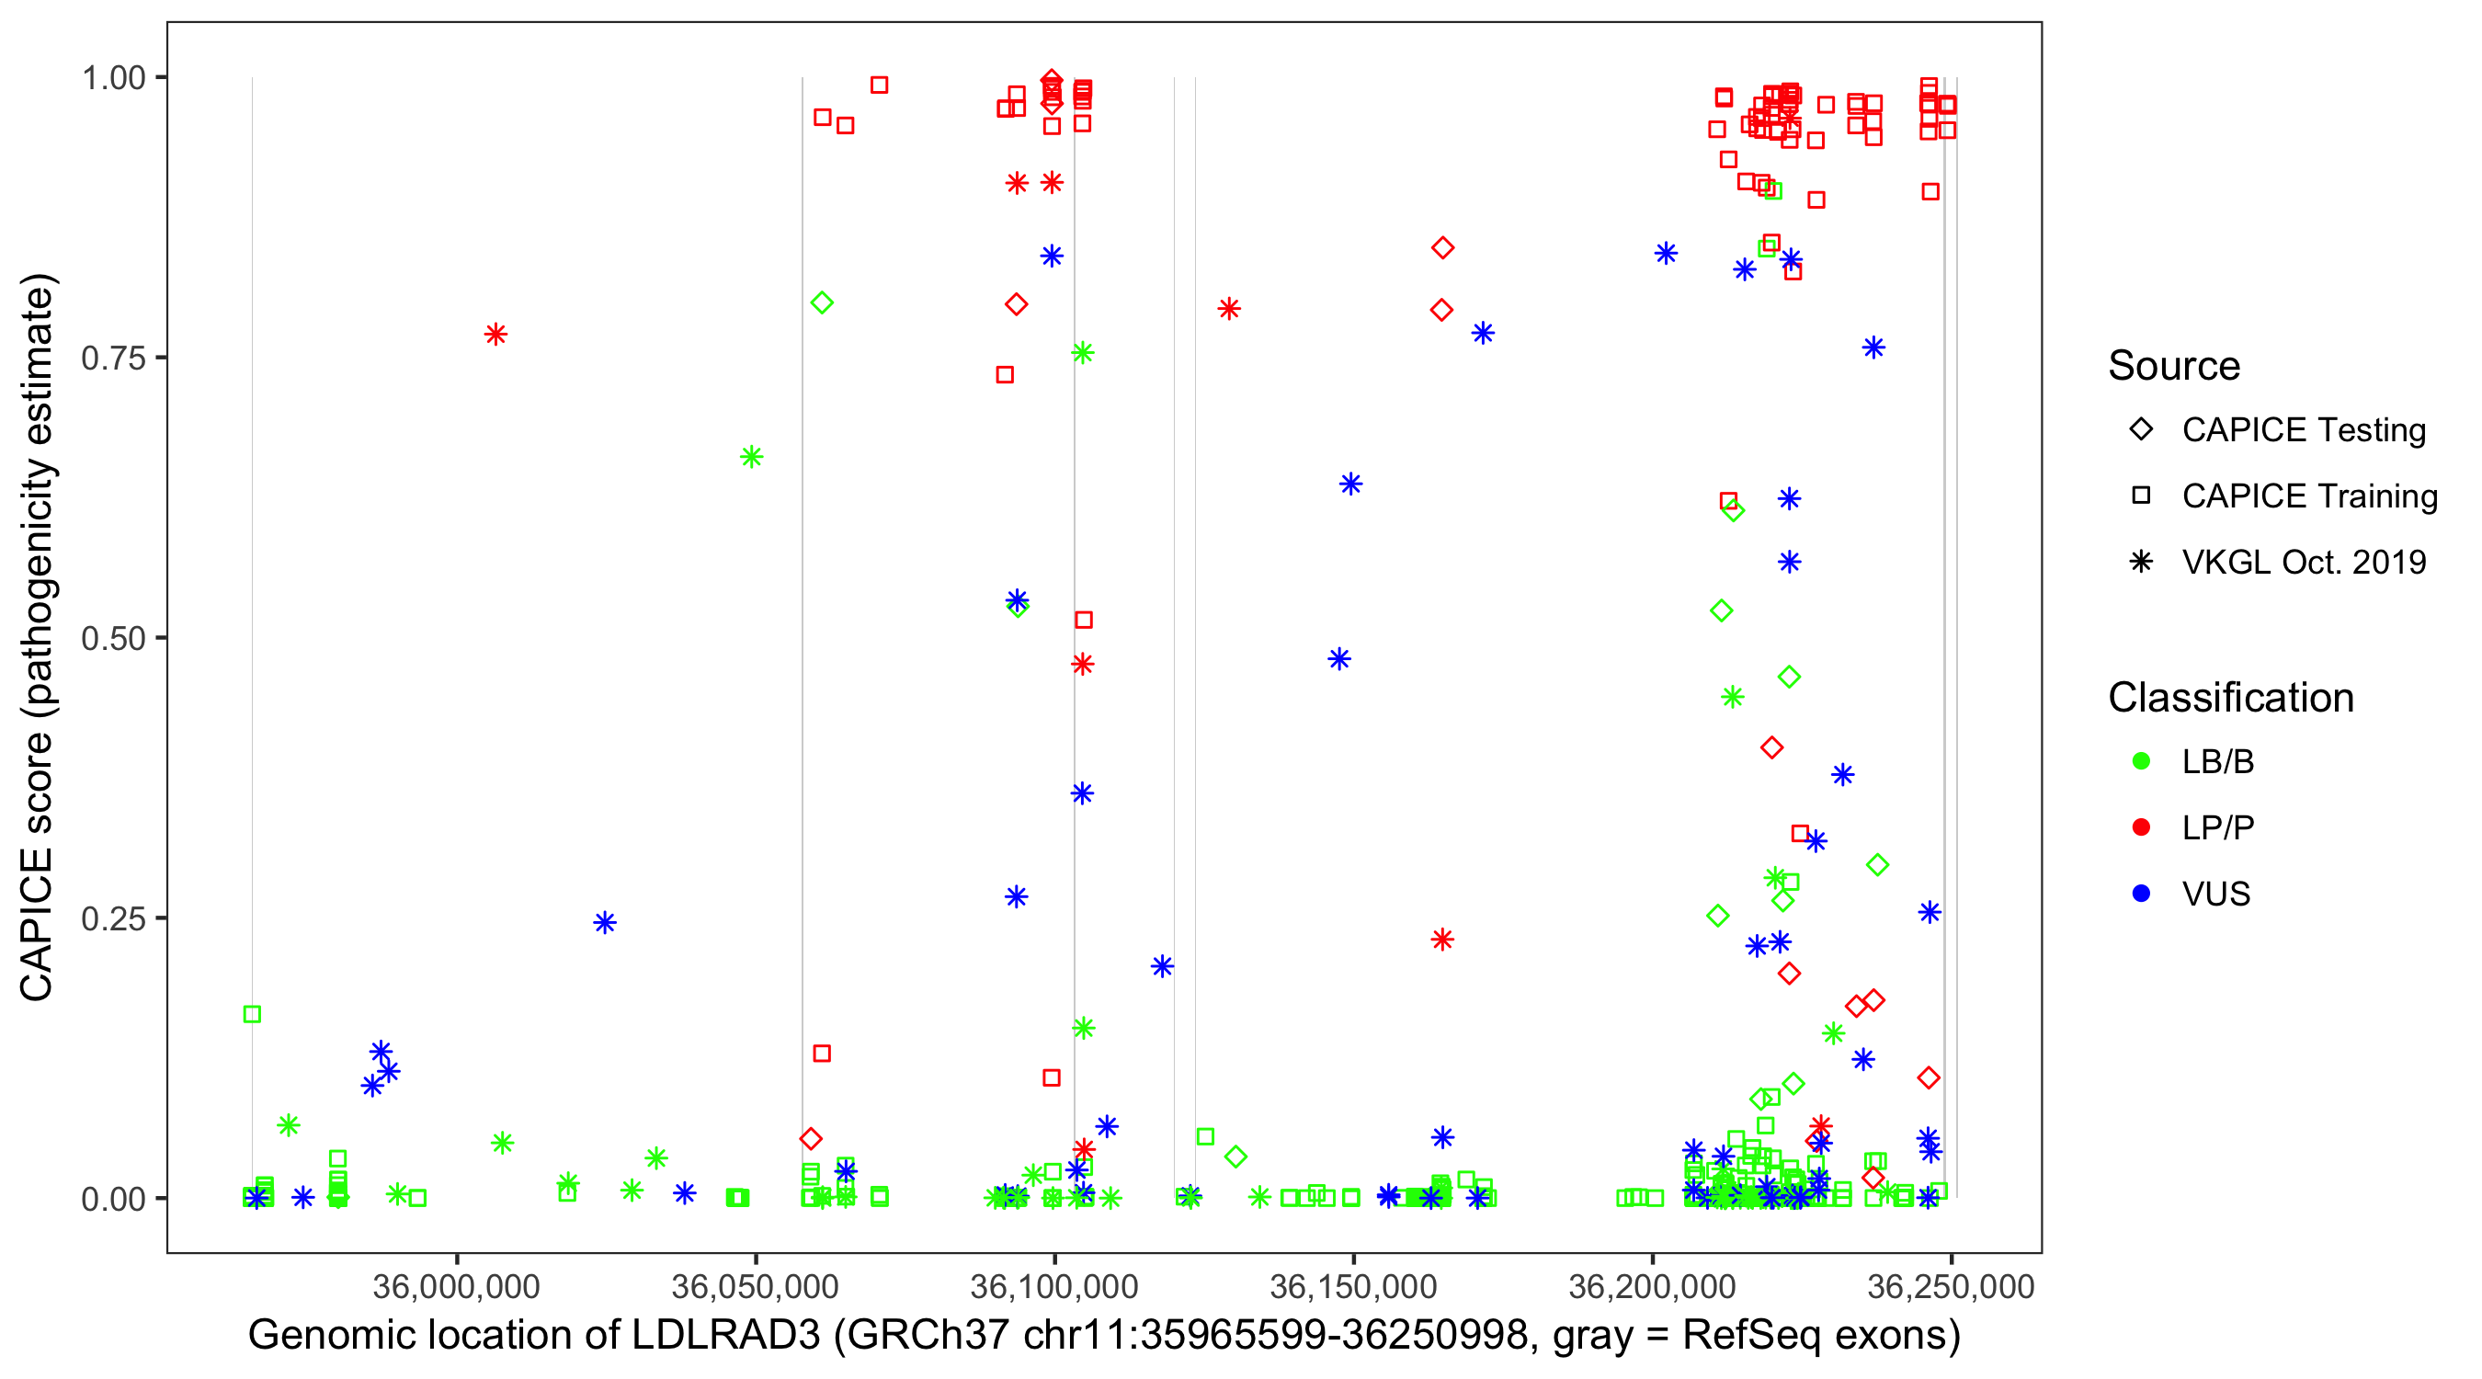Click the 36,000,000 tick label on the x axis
point(456,1285)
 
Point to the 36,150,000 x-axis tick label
point(1353,1285)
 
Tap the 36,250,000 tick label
point(1950,1285)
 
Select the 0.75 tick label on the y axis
point(113,358)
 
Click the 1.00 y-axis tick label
point(113,77)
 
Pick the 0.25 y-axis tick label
point(113,918)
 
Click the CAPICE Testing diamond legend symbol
point(2141,430)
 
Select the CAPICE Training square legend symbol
point(2141,496)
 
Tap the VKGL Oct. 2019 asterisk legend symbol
point(2141,562)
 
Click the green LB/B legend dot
point(2141,761)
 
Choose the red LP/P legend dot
point(2141,827)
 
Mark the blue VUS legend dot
point(2141,894)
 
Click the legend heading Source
point(2174,366)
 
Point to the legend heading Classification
point(2230,698)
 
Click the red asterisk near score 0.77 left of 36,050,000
point(495,335)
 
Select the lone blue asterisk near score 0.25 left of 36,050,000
point(604,923)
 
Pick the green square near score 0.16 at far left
point(253,1014)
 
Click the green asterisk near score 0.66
point(752,457)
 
